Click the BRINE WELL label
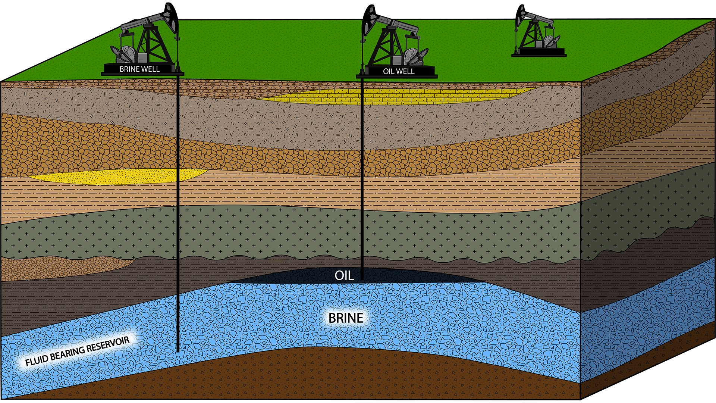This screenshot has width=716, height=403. (x=139, y=69)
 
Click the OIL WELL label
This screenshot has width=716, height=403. (x=399, y=71)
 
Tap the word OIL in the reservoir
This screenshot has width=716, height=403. (x=344, y=275)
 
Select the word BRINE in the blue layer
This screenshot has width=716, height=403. (x=346, y=318)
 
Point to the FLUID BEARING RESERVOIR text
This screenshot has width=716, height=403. (x=77, y=351)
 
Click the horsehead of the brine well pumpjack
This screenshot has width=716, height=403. (x=171, y=17)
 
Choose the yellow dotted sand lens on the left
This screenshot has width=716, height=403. (x=116, y=176)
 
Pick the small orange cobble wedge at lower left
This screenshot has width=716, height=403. (x=56, y=267)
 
